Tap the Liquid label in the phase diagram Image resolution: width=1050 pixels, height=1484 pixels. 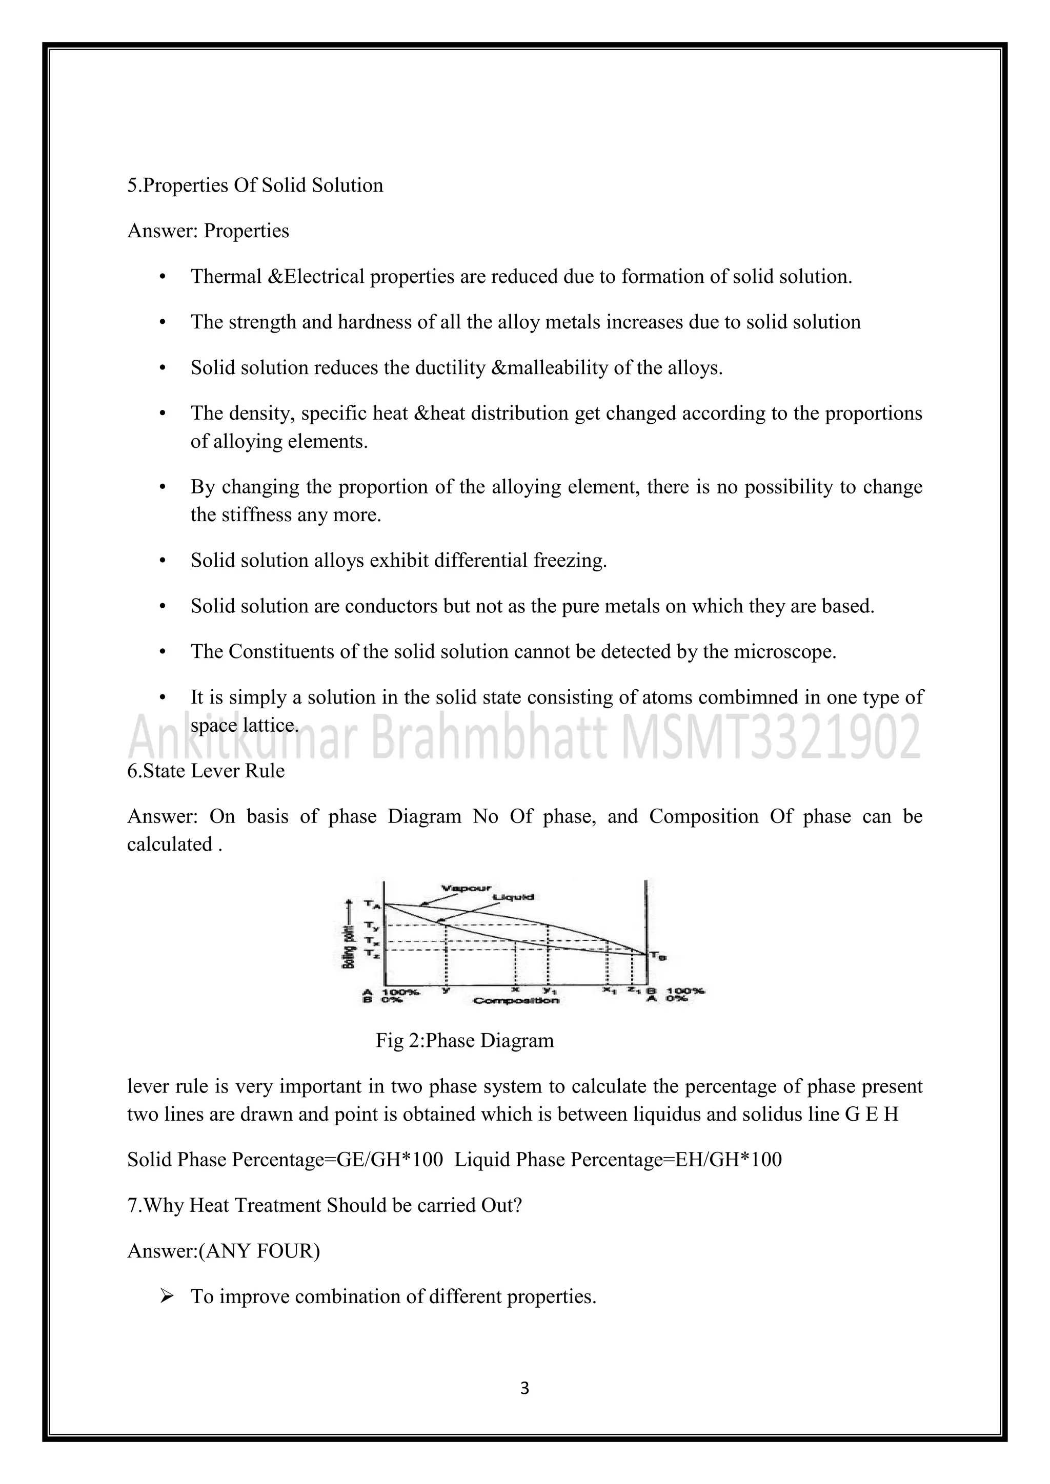[x=513, y=897]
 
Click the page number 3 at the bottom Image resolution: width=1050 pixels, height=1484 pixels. [x=524, y=1388]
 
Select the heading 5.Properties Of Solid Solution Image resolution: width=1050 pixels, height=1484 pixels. [x=255, y=186]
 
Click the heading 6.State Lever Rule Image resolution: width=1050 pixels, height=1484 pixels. [x=206, y=771]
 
